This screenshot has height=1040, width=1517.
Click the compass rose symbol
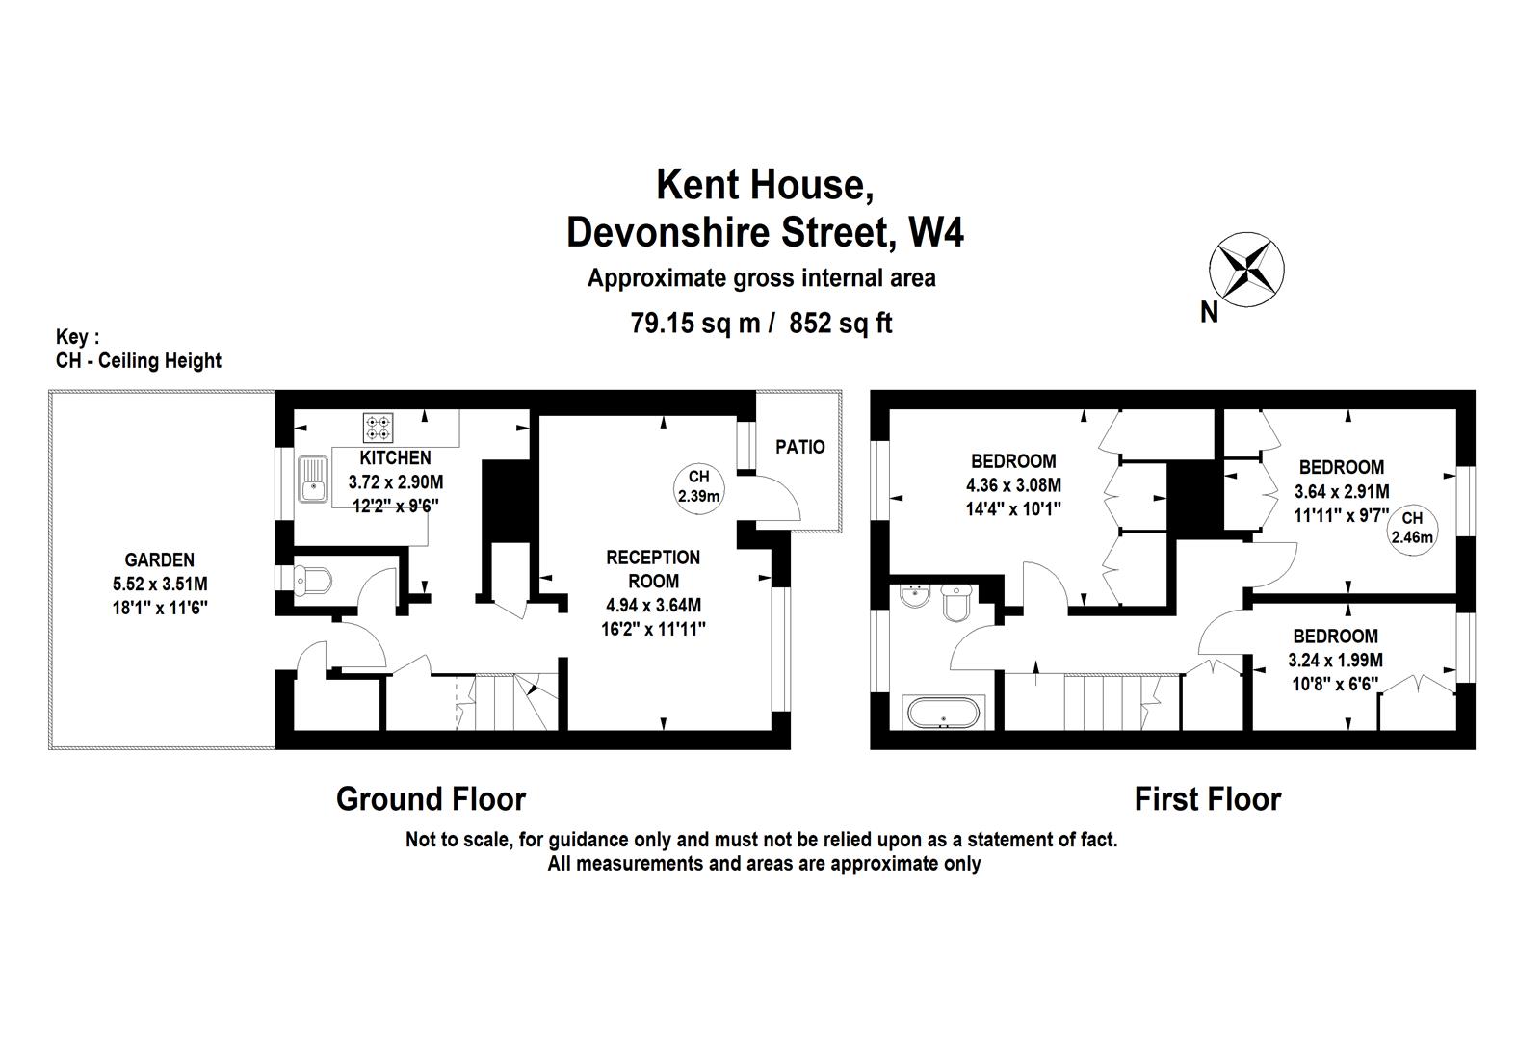(1247, 271)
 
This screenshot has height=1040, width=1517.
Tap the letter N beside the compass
(1209, 312)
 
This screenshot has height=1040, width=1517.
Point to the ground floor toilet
(313, 580)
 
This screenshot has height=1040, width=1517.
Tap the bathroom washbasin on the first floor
(912, 598)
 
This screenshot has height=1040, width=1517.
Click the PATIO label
(800, 447)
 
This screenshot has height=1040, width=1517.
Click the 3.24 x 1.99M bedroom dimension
(1335, 661)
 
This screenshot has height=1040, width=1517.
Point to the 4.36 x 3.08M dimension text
(1013, 484)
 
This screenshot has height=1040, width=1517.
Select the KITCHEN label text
(395, 457)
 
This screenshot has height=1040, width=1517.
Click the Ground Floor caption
(431, 799)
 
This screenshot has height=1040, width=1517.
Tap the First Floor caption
(1208, 799)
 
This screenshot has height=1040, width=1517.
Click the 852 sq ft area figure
(841, 324)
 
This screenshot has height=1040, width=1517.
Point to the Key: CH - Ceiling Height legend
(139, 350)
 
